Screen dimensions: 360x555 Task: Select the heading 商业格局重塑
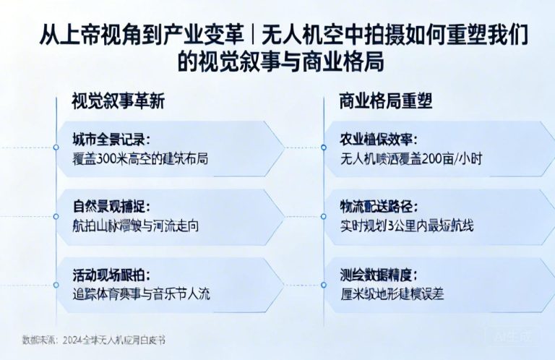click(x=386, y=102)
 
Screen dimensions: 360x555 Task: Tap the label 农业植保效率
click(x=379, y=140)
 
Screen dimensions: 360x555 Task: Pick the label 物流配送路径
click(x=379, y=207)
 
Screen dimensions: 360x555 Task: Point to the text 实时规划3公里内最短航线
click(x=408, y=226)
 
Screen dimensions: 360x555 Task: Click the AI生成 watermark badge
click(x=512, y=336)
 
